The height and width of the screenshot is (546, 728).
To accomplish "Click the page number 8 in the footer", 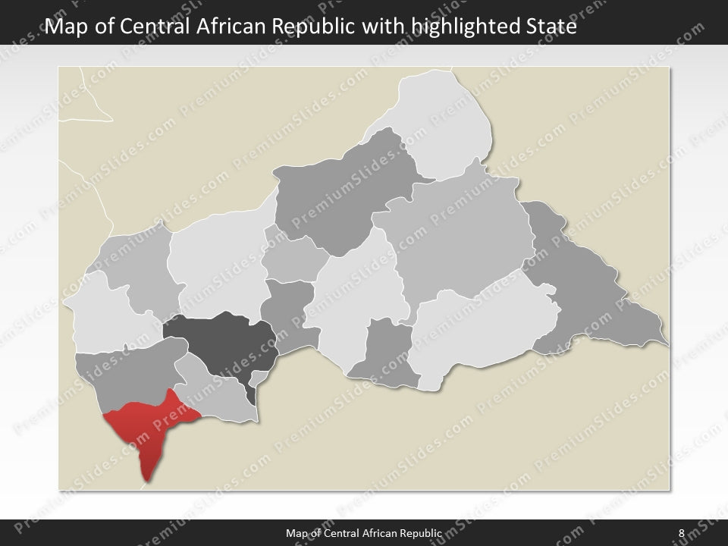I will point(681,533).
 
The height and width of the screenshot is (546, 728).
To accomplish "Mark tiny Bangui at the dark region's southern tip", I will point(251,394).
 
